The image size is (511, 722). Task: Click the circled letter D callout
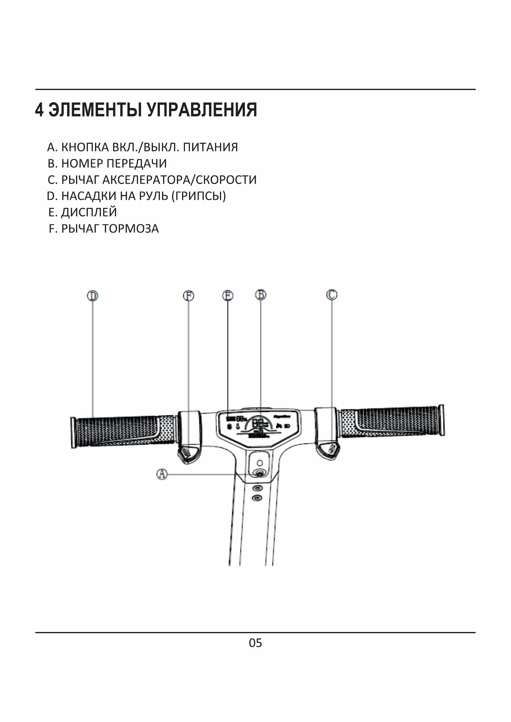[x=93, y=296]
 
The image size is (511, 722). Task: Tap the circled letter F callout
[x=189, y=296]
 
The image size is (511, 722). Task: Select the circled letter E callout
[x=228, y=296]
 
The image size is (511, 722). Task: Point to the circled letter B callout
[x=260, y=294]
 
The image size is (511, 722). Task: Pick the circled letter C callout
[x=332, y=294]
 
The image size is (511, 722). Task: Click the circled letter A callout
[x=162, y=474]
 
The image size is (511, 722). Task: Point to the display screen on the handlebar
[x=258, y=427]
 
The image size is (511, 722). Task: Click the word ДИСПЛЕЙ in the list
[x=89, y=212]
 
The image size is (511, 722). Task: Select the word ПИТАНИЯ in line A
[x=210, y=147]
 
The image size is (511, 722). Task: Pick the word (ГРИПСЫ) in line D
[x=198, y=196]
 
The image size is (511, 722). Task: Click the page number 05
[x=255, y=643]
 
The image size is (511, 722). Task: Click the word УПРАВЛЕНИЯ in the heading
[x=202, y=110]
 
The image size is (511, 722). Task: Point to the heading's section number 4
[x=39, y=110]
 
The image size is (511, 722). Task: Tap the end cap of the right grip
[x=441, y=420]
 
